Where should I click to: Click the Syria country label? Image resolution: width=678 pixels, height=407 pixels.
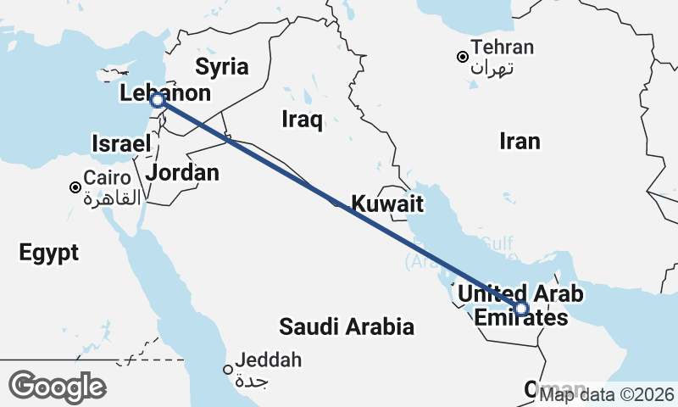click(221, 67)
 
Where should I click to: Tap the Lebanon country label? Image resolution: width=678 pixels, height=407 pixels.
click(165, 92)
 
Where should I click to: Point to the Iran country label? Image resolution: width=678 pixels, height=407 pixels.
click(520, 141)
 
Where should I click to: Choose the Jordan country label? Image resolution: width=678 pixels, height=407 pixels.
click(182, 173)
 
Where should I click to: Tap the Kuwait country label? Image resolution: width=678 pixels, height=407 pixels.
click(387, 203)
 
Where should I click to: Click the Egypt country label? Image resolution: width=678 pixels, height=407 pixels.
click(48, 252)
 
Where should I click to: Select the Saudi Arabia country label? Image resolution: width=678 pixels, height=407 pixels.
click(347, 326)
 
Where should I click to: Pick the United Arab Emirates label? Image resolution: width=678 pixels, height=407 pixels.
click(521, 305)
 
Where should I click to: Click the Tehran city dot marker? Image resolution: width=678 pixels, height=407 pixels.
click(462, 58)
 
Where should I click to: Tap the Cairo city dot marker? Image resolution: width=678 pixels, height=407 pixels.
click(76, 187)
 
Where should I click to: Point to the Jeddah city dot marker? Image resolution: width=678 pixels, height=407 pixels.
click(227, 369)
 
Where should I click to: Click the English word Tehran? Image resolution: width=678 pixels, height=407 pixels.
click(503, 47)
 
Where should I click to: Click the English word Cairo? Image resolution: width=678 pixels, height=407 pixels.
click(107, 179)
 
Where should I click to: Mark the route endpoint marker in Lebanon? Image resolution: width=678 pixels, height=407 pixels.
click(158, 101)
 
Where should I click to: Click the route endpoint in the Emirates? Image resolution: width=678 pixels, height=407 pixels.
click(521, 309)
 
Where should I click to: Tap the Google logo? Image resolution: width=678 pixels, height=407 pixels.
click(57, 387)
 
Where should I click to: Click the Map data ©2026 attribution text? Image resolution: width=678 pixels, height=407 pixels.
click(606, 393)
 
